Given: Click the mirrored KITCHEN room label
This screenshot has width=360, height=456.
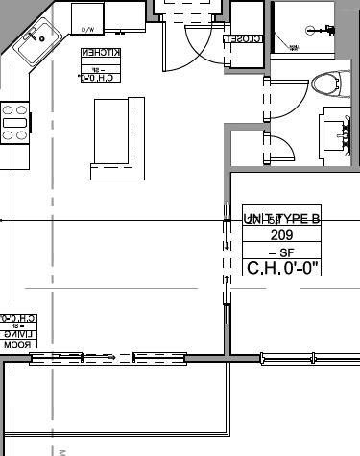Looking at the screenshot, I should click(100, 54).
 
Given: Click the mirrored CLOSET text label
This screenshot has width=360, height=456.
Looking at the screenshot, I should click(243, 39).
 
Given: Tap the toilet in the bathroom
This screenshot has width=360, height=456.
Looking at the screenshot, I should click(327, 84).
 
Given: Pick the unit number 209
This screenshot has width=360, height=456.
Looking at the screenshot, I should click(281, 235).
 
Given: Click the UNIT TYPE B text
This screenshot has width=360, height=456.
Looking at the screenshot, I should click(281, 218).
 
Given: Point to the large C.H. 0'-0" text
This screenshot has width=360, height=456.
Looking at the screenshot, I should click(281, 268).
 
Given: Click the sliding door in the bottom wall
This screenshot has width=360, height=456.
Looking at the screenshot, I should click(106, 358).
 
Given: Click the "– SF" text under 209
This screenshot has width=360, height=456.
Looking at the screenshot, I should click(281, 252).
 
